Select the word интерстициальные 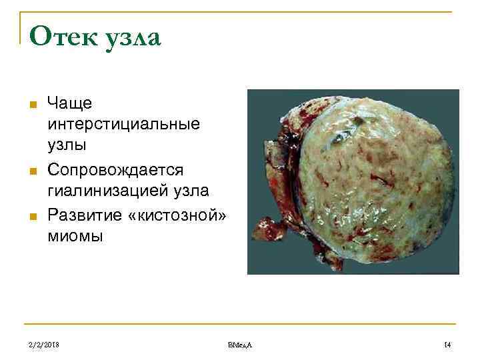123,125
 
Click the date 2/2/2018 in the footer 43,344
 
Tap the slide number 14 447,344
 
